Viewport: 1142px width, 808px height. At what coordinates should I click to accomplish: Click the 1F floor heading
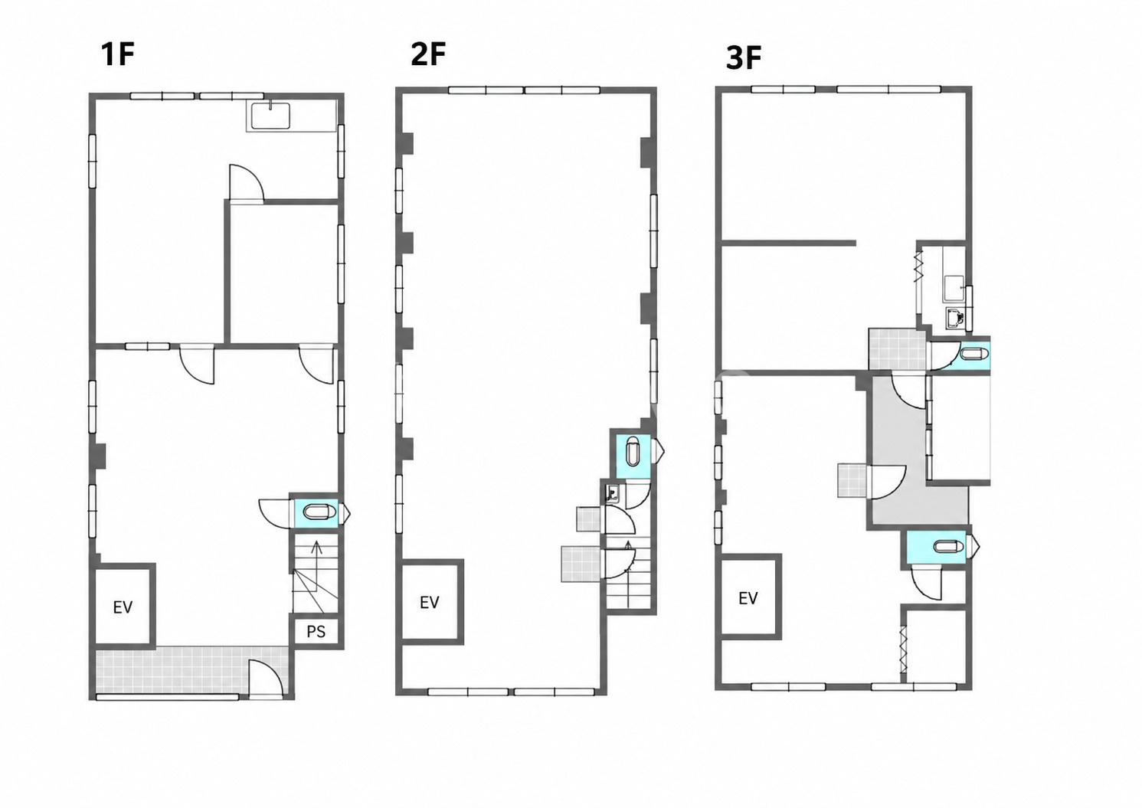coord(118,54)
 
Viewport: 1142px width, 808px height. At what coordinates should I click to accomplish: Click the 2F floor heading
coord(428,54)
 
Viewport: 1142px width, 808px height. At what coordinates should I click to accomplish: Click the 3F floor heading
coord(743,58)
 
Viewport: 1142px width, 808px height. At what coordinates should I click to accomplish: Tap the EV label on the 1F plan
coord(123,607)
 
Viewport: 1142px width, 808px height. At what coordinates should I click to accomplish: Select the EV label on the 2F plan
coord(429,603)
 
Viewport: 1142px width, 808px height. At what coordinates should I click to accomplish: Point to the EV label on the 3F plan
coord(748,598)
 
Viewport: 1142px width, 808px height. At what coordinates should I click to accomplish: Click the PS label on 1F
coord(316,632)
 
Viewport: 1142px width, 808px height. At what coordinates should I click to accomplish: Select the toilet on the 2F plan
coord(632,450)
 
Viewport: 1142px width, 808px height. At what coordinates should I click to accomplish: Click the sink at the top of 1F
coord(270,116)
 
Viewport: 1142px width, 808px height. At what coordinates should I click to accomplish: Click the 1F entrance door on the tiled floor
coord(266,678)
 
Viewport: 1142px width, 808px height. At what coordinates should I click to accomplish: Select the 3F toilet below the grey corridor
coord(949,547)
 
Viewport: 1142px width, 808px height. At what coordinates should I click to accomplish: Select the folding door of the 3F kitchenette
coord(919,266)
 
